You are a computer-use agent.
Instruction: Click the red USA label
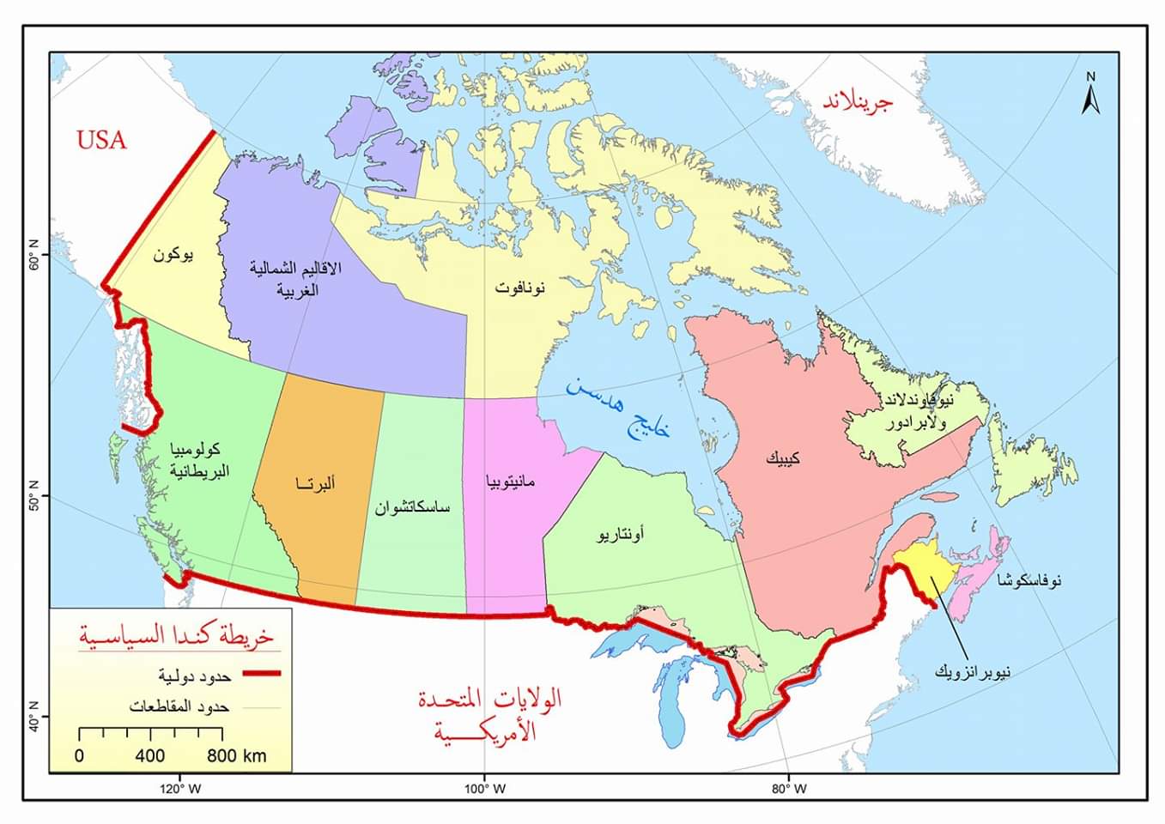(x=101, y=139)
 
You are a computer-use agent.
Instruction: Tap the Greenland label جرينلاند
(x=858, y=101)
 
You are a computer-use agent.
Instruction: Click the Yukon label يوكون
(x=173, y=255)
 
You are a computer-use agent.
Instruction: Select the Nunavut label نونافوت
(x=519, y=288)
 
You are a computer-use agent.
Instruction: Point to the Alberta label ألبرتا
(x=315, y=483)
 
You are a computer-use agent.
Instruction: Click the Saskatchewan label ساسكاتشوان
(x=411, y=507)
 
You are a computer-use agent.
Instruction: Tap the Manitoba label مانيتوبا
(x=510, y=482)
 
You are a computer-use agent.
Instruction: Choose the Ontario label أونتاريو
(x=621, y=535)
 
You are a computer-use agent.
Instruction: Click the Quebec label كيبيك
(x=783, y=458)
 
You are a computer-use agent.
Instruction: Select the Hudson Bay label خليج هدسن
(x=617, y=409)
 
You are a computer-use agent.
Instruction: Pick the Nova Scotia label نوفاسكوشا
(x=1029, y=581)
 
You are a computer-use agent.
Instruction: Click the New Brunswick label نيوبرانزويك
(x=972, y=671)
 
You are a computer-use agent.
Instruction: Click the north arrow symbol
(x=1090, y=94)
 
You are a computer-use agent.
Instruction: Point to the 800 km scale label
(x=236, y=756)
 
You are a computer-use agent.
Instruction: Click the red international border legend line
(x=260, y=674)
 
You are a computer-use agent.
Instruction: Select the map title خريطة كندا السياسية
(x=175, y=635)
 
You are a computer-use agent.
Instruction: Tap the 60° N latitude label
(x=35, y=261)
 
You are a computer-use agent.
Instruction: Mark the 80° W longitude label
(x=789, y=789)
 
